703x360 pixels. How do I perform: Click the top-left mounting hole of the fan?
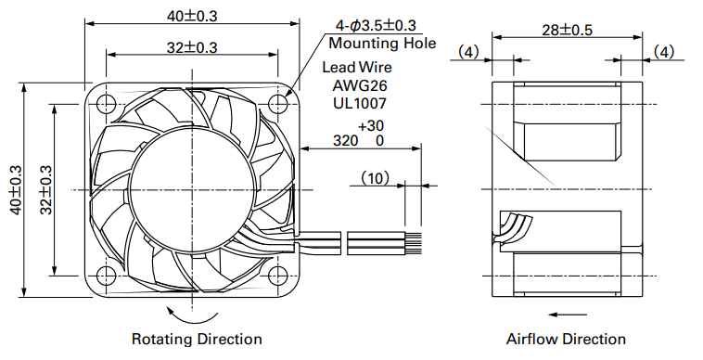coord(107,104)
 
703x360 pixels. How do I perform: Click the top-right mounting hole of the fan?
coord(278,104)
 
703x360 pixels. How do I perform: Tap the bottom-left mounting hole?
coord(107,276)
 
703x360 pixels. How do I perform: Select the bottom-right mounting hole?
coord(278,276)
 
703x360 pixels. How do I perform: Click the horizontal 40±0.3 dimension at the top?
coord(192,16)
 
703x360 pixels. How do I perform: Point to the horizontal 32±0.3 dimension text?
coord(192,47)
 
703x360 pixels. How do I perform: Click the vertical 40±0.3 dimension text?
coord(16,190)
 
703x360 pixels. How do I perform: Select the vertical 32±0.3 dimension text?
coord(46,190)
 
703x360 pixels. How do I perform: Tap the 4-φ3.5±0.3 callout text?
coord(376,26)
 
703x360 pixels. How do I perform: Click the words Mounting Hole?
coord(382,44)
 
